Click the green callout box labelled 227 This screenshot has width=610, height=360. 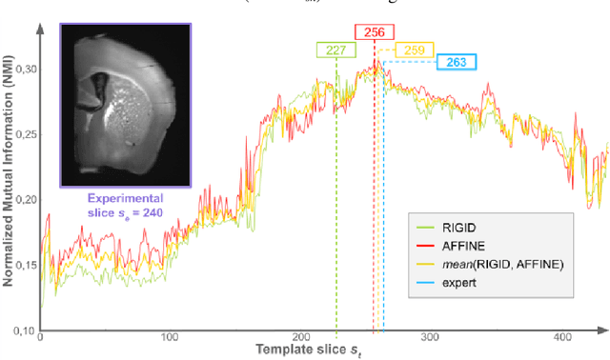tap(335, 51)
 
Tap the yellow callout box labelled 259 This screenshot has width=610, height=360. tap(415, 50)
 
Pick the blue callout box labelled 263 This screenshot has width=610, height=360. tap(457, 63)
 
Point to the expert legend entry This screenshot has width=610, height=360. tap(458, 284)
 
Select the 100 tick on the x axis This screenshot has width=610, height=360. tap(170, 338)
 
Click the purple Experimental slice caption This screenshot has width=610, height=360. tap(128, 206)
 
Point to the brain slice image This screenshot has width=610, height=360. tap(127, 105)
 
